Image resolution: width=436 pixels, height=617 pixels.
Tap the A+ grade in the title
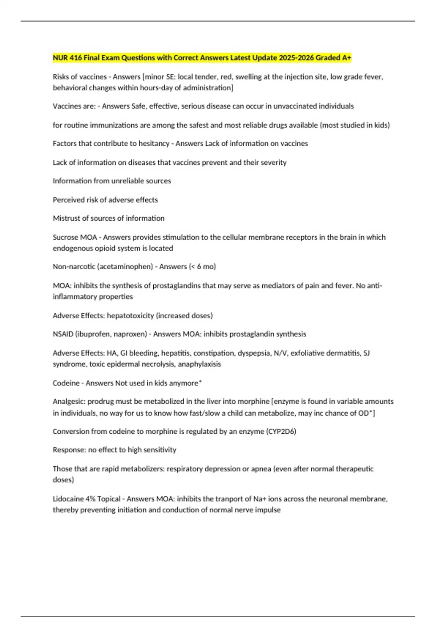coord(347,58)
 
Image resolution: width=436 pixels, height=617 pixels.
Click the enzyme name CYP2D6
coord(282,432)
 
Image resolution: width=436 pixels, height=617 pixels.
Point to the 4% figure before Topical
coord(90,499)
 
